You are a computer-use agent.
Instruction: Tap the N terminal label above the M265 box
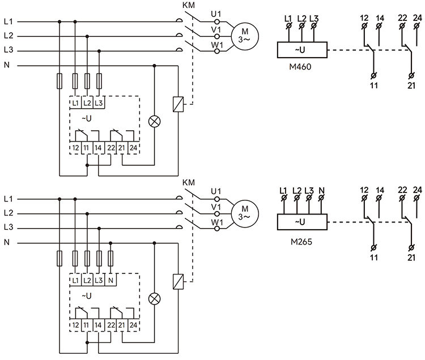(x=321, y=190)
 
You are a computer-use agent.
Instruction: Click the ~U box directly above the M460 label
(x=300, y=50)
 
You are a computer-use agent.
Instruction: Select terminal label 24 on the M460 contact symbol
(x=417, y=18)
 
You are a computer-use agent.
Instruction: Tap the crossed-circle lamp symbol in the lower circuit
(x=154, y=299)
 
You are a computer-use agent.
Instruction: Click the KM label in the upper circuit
(x=189, y=6)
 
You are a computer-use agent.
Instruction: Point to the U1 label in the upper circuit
(x=216, y=13)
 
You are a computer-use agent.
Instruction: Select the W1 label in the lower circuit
(x=216, y=223)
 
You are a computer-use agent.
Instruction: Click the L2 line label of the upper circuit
(x=8, y=36)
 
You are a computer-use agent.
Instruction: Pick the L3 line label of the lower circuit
(x=8, y=228)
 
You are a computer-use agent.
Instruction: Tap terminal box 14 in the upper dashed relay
(x=99, y=148)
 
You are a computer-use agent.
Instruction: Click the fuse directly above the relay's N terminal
(x=111, y=258)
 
